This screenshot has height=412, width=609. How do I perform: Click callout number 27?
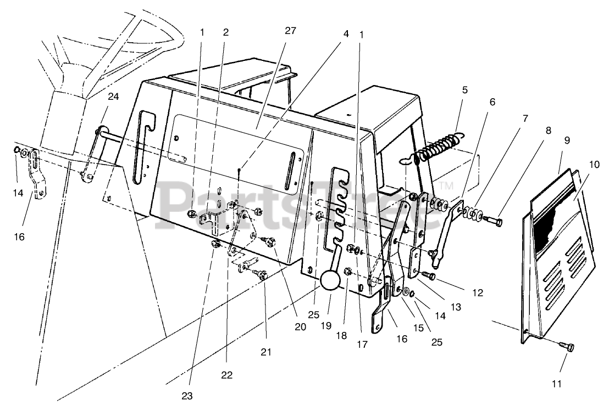(x=290, y=31)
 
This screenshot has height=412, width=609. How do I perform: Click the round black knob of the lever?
(x=331, y=280)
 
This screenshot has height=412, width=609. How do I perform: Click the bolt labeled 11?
(x=567, y=346)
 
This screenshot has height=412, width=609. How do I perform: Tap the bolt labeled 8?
(x=493, y=221)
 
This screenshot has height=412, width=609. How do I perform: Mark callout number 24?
(x=113, y=97)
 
